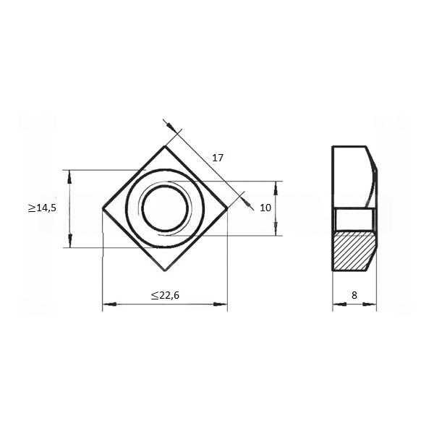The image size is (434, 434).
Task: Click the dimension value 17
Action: coord(218,158)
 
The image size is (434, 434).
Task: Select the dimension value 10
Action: coord(265,208)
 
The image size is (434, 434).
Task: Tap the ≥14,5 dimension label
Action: coord(42,208)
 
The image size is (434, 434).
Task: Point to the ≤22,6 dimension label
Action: coord(165,295)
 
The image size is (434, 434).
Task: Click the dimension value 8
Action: coord(354,295)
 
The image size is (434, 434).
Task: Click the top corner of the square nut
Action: coord(165,146)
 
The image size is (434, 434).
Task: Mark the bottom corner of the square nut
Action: coord(165,271)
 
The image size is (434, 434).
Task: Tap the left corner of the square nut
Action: coord(103,208)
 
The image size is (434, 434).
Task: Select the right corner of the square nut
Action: coord(227,208)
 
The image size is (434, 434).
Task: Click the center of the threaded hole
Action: coord(165,208)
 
